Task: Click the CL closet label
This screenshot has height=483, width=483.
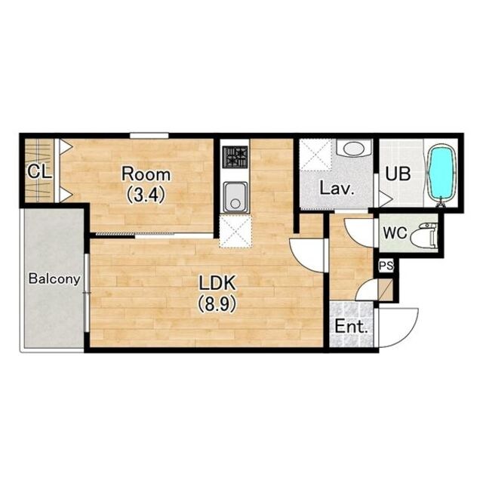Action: tap(39, 172)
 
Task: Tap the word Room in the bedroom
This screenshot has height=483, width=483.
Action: tap(146, 174)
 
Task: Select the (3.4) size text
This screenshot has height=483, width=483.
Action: tap(146, 195)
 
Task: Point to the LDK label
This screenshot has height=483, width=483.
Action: tap(217, 283)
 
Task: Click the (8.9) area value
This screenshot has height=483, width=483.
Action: tap(217, 304)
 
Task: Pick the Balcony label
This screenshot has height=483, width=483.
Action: tap(54, 279)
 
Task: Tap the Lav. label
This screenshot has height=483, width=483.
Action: tap(337, 188)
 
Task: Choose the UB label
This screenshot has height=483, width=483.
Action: tap(398, 174)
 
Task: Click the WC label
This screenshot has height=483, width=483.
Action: tap(395, 233)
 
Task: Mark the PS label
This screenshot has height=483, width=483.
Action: tap(386, 266)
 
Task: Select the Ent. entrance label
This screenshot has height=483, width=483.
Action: tap(351, 327)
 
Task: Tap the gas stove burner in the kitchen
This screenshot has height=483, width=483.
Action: tap(235, 157)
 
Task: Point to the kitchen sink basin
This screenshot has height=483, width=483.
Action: tap(235, 197)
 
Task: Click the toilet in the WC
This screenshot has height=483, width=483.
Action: tap(426, 235)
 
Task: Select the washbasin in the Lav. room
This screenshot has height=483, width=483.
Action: tap(355, 148)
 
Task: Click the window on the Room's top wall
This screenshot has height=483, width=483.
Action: tap(149, 135)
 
